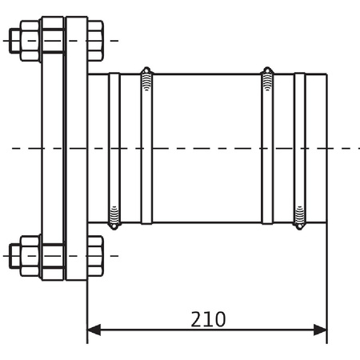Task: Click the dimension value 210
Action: (208, 319)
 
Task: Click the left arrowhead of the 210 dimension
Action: (94, 330)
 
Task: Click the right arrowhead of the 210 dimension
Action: (320, 330)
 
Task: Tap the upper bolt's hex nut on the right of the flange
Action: (95, 41)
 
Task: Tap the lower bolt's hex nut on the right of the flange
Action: (95, 256)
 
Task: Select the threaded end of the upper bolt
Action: (15, 41)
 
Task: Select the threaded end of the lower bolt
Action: (15, 256)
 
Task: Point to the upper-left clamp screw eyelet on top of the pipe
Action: (146, 70)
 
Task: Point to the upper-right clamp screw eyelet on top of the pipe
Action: (267, 70)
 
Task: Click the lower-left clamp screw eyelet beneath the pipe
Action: (114, 226)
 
